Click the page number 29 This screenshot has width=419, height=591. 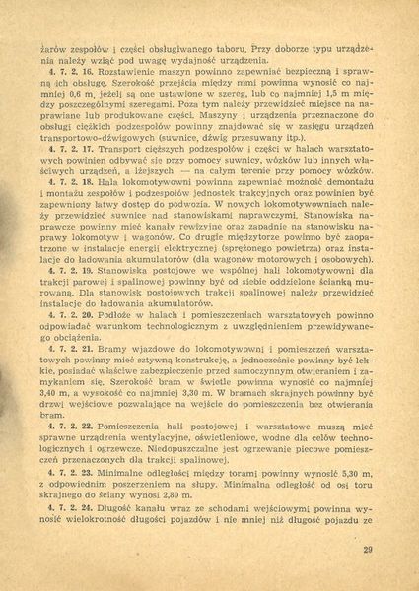pos(368,551)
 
